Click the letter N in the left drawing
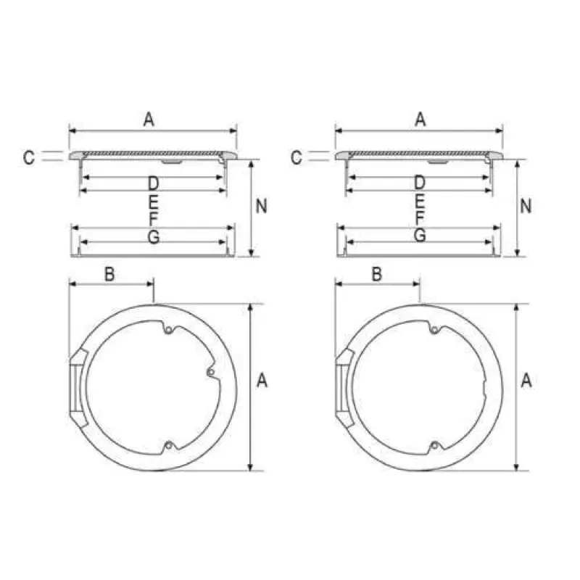pyautogui.click(x=262, y=206)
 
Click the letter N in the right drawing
pyautogui.click(x=526, y=206)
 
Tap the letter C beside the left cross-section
pyautogui.click(x=28, y=157)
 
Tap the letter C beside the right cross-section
pyautogui.click(x=297, y=157)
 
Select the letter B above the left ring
pyautogui.click(x=109, y=275)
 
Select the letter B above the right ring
pyautogui.click(x=376, y=275)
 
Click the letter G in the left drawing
pyautogui.click(x=154, y=236)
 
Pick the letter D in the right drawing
pyautogui.click(x=420, y=183)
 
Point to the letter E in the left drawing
pyautogui.click(x=153, y=202)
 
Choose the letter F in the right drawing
pyautogui.click(x=420, y=218)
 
